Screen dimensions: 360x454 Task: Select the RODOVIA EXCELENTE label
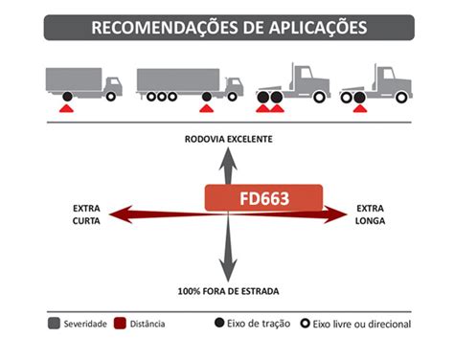coord(228,140)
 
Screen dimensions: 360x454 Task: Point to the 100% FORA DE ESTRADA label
coord(227,289)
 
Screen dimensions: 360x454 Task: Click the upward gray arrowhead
coord(228,158)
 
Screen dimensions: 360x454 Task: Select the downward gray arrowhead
coord(228,272)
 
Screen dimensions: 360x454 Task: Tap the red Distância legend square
coord(121,325)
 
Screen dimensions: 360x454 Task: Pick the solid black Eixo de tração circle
coord(219,324)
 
